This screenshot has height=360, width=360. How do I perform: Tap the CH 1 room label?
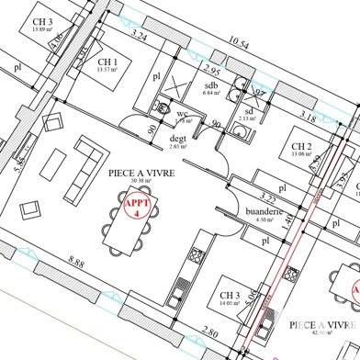coord(108,62)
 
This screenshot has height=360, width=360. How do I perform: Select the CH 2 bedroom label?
coord(302,147)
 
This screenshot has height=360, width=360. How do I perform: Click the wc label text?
coord(181,114)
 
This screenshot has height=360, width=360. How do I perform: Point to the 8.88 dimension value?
coord(76,264)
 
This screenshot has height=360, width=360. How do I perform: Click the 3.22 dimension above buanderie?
coord(267,197)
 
